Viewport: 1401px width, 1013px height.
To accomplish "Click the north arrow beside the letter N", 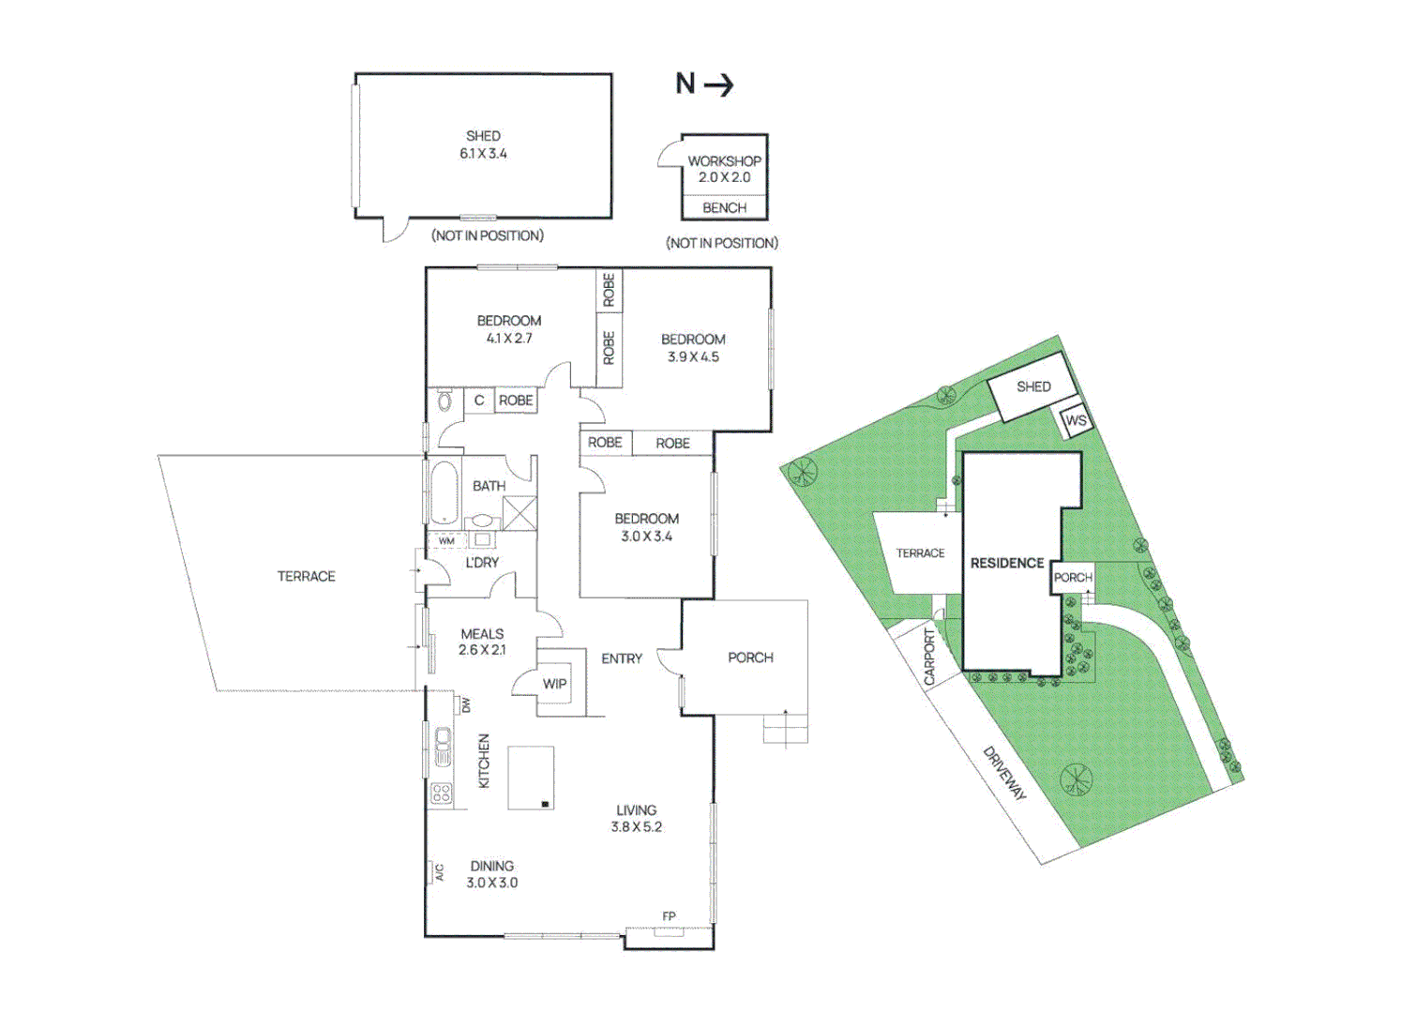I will tap(719, 85).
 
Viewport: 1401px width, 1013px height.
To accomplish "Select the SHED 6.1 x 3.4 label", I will tap(483, 144).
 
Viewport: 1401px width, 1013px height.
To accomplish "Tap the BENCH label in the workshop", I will tap(724, 207).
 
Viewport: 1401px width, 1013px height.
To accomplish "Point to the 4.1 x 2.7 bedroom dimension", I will tap(509, 339).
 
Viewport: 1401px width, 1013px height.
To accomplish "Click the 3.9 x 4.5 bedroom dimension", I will tap(693, 357).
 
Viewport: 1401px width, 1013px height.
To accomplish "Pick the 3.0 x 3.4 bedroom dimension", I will tap(646, 537).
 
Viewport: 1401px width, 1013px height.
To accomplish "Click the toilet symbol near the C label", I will tap(444, 402).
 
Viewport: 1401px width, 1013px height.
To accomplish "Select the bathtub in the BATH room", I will tap(444, 491).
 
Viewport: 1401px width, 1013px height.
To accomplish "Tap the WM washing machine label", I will tap(446, 541).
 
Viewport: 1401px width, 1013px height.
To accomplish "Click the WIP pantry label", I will tap(554, 684).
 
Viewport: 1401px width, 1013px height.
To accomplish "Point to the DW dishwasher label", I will tap(466, 705).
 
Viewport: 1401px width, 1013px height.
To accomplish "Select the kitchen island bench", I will tap(531, 778).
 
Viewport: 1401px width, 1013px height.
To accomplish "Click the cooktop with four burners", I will tap(442, 794).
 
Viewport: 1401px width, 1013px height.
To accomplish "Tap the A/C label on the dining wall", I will tap(439, 872).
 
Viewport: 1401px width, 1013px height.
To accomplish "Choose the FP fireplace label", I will tap(669, 916).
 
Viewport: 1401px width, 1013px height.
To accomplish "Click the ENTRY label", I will tap(622, 659).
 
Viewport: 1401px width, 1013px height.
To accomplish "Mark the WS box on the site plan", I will tap(1076, 421).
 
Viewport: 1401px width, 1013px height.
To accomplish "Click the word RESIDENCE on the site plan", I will tap(1006, 563).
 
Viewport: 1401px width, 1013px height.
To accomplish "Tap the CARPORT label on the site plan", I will tap(930, 657).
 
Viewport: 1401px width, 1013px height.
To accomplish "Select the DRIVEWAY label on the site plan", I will tap(1004, 773).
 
